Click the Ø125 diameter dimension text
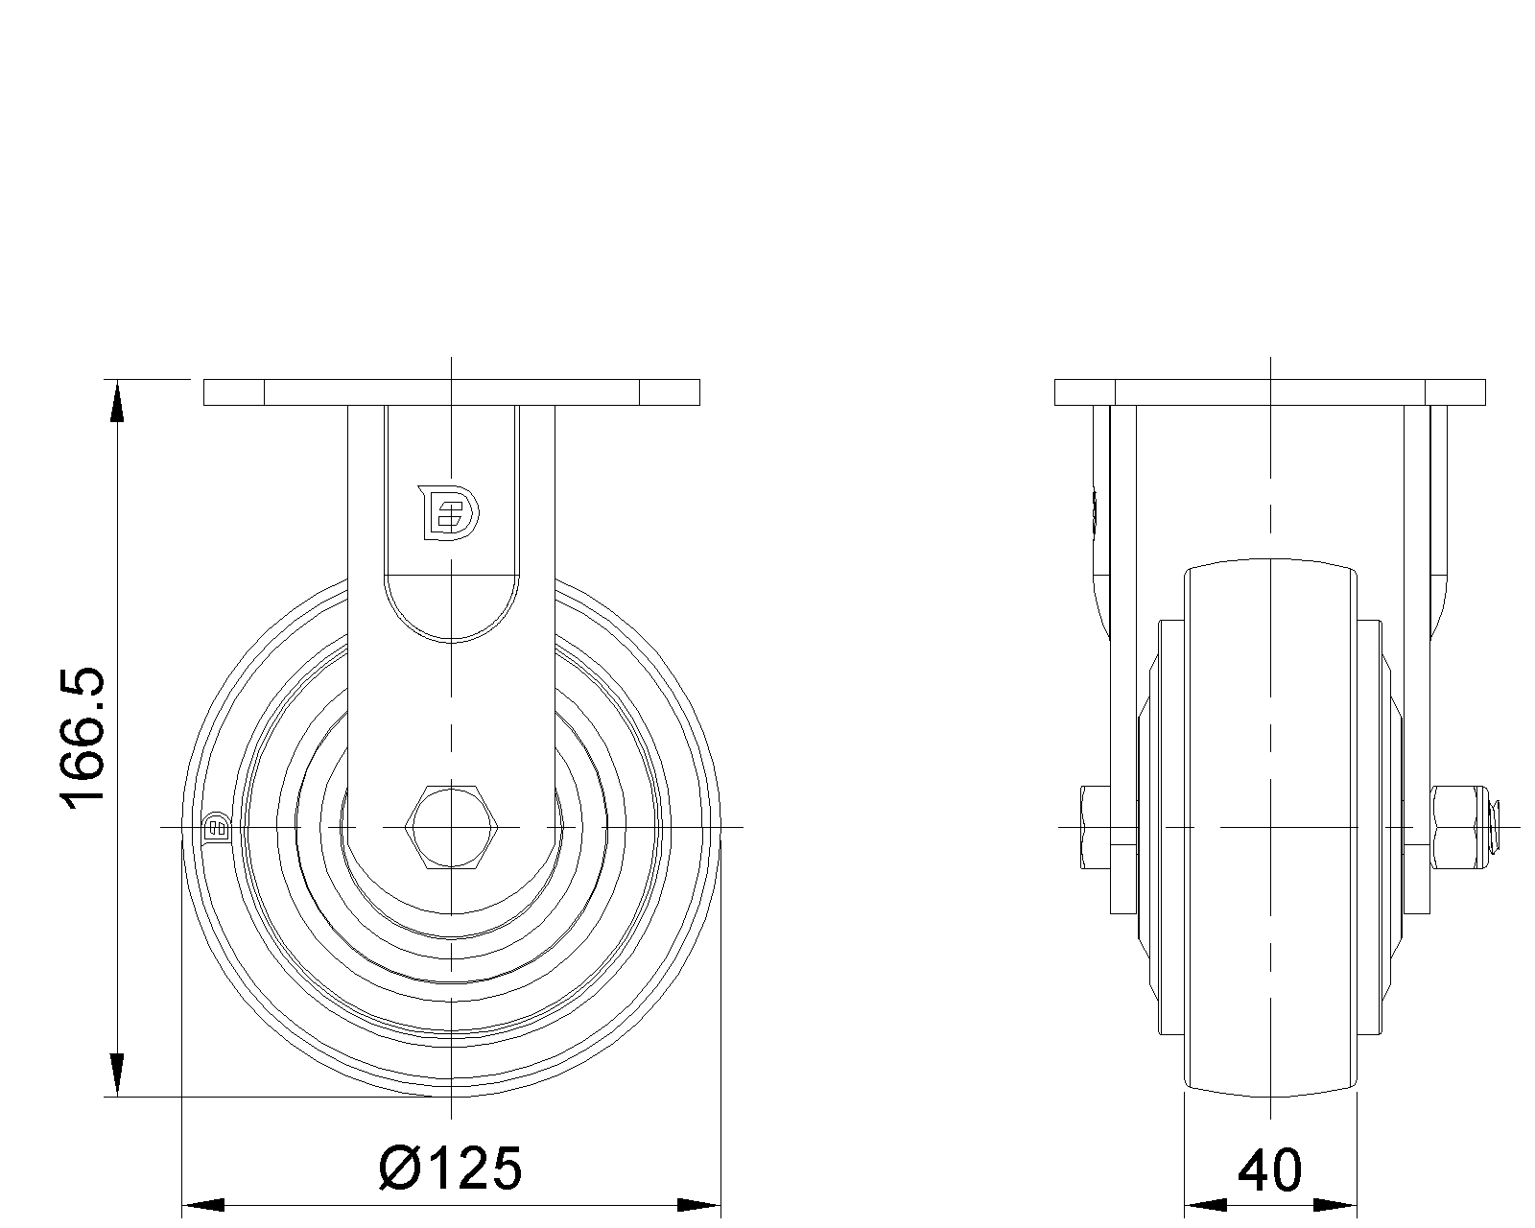tap(451, 1169)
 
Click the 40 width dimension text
tap(1269, 1170)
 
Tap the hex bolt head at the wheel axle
tap(451, 827)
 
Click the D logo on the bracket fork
tap(449, 512)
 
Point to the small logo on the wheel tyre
tap(217, 828)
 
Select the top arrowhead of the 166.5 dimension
tap(118, 401)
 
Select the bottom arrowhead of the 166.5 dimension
tap(118, 1075)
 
